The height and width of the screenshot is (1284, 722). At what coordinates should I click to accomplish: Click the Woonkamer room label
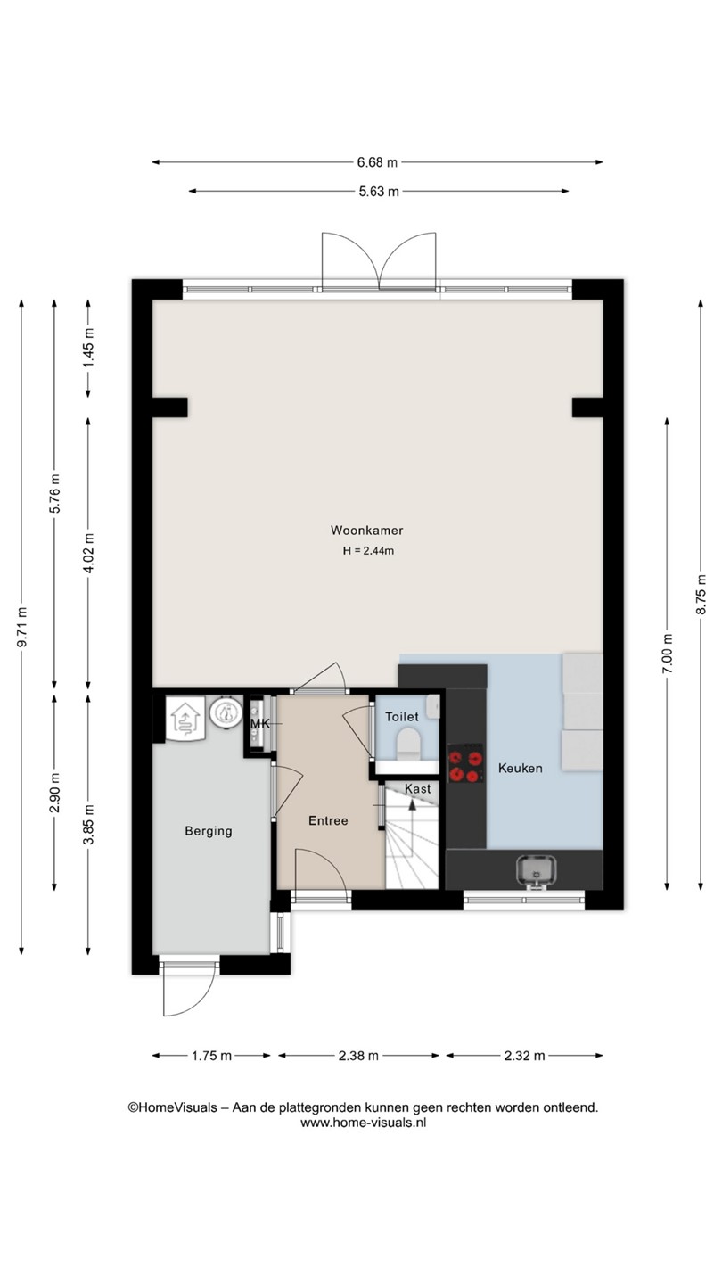point(366,531)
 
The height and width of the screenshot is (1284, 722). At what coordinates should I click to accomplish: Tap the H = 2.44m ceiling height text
point(368,551)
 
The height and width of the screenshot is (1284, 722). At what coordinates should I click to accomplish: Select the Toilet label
point(402,717)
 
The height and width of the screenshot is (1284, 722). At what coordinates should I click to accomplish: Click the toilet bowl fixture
point(408,744)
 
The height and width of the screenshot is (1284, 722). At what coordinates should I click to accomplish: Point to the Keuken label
point(521,768)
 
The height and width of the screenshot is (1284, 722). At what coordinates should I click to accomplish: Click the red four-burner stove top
point(465,766)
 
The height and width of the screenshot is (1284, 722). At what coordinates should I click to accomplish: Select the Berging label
point(209,831)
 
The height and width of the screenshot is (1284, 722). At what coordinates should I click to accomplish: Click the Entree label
point(328,821)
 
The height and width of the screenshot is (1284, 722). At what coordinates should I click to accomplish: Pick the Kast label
point(418,789)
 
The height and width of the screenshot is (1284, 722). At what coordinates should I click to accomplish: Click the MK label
point(260,723)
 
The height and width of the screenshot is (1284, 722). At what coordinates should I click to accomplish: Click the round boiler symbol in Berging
point(226,712)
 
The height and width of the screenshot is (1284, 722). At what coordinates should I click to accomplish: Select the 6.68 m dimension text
point(377,162)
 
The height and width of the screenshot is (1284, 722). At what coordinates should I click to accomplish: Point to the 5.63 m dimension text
point(379,192)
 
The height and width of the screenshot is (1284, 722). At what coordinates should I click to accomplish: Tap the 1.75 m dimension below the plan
point(211,1056)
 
